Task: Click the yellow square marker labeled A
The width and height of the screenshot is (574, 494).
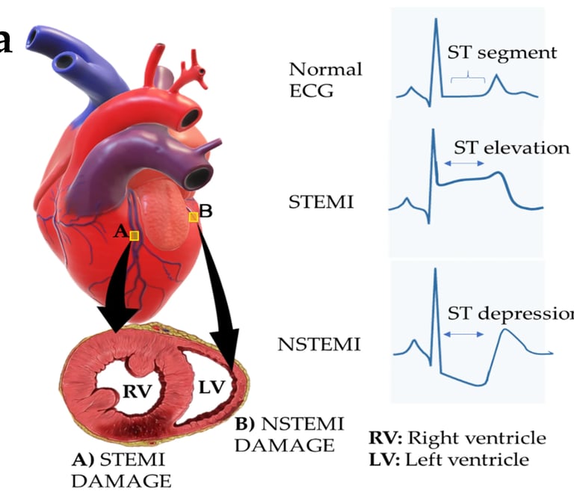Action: pos(134,235)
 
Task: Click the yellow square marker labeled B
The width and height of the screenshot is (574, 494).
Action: pos(193,217)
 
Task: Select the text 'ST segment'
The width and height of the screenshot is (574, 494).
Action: pos(502,53)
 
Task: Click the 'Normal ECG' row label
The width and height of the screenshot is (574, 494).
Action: pos(325,79)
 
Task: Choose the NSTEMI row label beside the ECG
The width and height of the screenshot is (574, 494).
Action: pos(319,345)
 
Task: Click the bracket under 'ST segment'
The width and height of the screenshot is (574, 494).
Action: pos(468,75)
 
